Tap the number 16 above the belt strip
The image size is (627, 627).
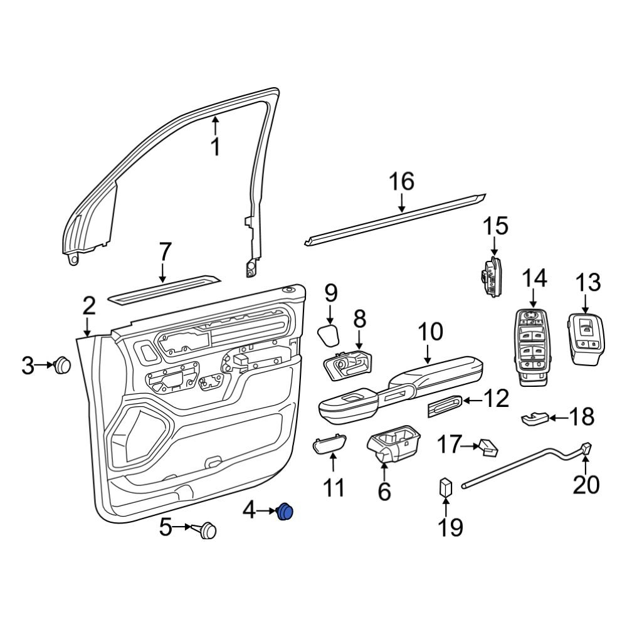pos(402,182)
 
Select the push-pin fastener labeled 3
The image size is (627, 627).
pos(62,365)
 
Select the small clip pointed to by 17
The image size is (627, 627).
pos(488,446)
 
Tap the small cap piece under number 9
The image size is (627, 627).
pos(328,335)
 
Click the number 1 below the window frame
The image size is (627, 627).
pos(215,148)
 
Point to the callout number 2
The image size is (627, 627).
pos(89,306)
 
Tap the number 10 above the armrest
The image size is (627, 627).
pos(431,332)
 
